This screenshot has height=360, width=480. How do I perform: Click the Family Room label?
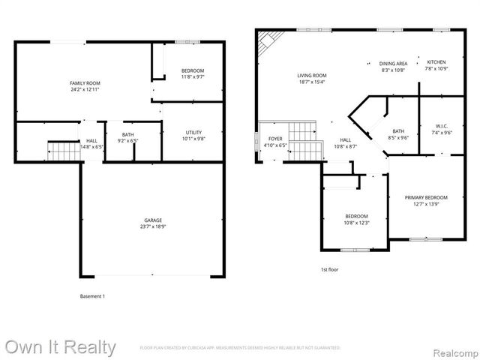pyautogui.click(x=85, y=82)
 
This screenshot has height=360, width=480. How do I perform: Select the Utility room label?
pyautogui.click(x=194, y=132)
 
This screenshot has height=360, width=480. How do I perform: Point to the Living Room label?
pyautogui.click(x=312, y=75)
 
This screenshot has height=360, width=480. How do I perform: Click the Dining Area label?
pyautogui.click(x=392, y=64)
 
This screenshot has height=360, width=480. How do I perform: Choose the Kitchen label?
pyautogui.click(x=436, y=62)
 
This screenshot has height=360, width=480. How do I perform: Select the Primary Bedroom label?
pyautogui.click(x=426, y=198)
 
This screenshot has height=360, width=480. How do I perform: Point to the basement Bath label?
pyautogui.click(x=128, y=134)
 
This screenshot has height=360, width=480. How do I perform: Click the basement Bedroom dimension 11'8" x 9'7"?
pyautogui.click(x=193, y=76)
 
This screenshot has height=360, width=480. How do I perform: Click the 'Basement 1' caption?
pyautogui.click(x=92, y=296)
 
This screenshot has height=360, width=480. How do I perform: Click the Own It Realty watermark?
pyautogui.click(x=60, y=347)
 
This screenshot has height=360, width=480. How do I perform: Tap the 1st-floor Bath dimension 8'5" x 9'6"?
pyautogui.click(x=398, y=137)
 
